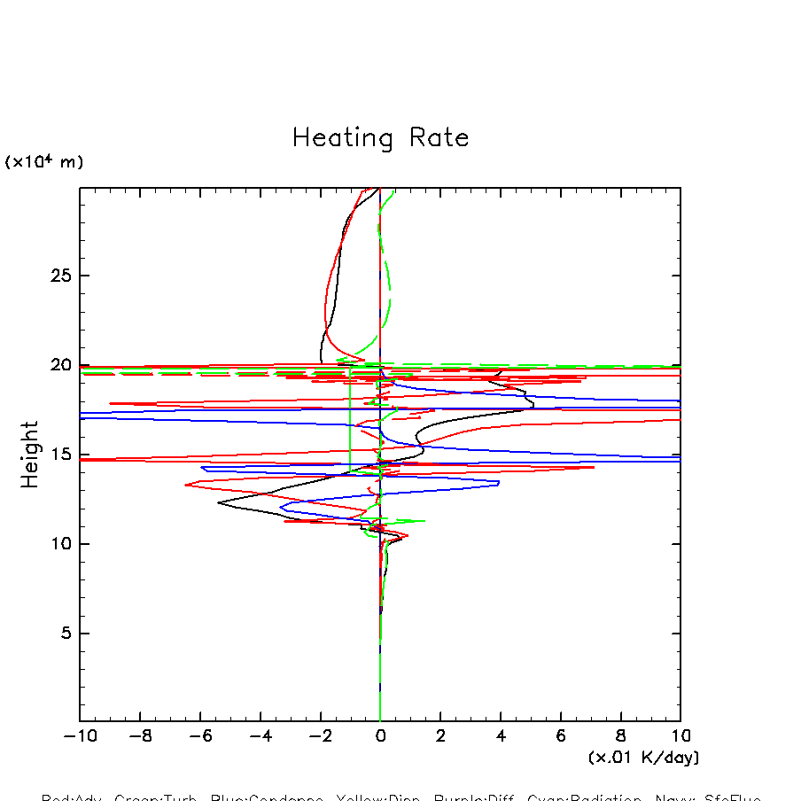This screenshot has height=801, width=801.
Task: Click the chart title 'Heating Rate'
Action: coord(380,138)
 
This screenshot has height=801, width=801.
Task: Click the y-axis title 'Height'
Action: coord(31,455)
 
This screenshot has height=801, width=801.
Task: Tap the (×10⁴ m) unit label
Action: coord(44,162)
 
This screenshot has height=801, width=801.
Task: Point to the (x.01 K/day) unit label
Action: coord(644,758)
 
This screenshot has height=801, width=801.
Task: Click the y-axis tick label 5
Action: coord(65,634)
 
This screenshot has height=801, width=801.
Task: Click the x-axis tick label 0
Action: coord(380,736)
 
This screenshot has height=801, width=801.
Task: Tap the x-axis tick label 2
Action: coord(440,736)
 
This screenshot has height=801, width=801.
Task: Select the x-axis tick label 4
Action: coord(501,736)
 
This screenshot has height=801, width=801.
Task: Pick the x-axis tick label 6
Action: coord(561,736)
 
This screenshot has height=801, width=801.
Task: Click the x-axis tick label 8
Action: coord(620,736)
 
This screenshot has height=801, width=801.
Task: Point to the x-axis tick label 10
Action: coord(680,736)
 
